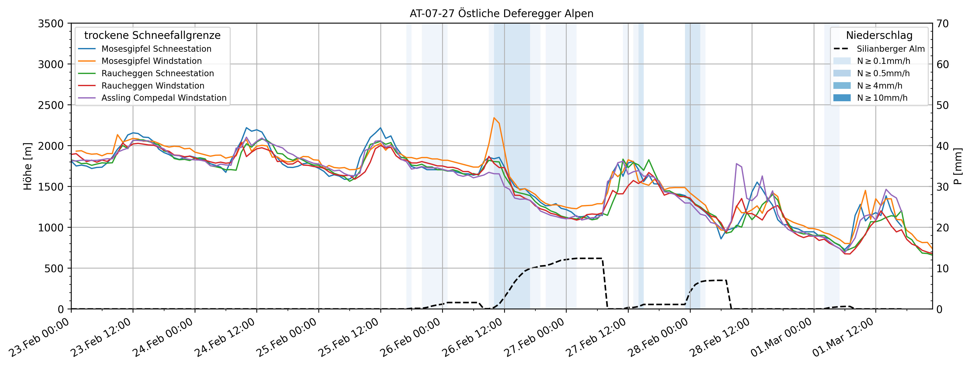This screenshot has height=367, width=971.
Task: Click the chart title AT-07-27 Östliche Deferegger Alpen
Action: (501, 14)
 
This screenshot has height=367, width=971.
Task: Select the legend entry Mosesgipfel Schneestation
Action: (156, 49)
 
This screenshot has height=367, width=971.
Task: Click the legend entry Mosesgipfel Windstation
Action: (151, 61)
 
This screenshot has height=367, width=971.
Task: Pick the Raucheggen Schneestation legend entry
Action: (158, 73)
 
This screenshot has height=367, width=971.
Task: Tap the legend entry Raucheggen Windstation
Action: (153, 86)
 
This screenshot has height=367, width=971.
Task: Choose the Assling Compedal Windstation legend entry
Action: (164, 98)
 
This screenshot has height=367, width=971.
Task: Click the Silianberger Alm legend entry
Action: (890, 49)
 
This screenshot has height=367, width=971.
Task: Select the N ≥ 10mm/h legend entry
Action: (882, 98)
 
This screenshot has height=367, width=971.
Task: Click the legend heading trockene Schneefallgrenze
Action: (152, 35)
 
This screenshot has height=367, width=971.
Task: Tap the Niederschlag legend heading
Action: (879, 35)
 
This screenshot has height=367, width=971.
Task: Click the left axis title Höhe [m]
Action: (27, 166)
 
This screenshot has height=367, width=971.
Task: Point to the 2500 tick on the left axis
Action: (50, 105)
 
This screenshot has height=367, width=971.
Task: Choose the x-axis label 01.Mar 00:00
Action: (782, 338)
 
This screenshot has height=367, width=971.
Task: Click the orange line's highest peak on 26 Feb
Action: (494, 118)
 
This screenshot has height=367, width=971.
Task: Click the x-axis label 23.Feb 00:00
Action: (40, 338)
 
